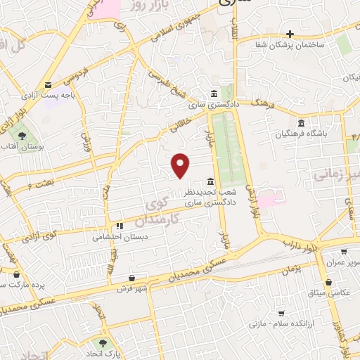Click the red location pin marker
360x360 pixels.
point(181,166)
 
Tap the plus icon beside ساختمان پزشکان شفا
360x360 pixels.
point(289,34)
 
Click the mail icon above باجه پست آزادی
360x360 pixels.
point(47,84)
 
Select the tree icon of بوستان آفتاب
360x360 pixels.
point(22,136)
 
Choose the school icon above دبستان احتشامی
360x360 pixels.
point(119,226)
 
